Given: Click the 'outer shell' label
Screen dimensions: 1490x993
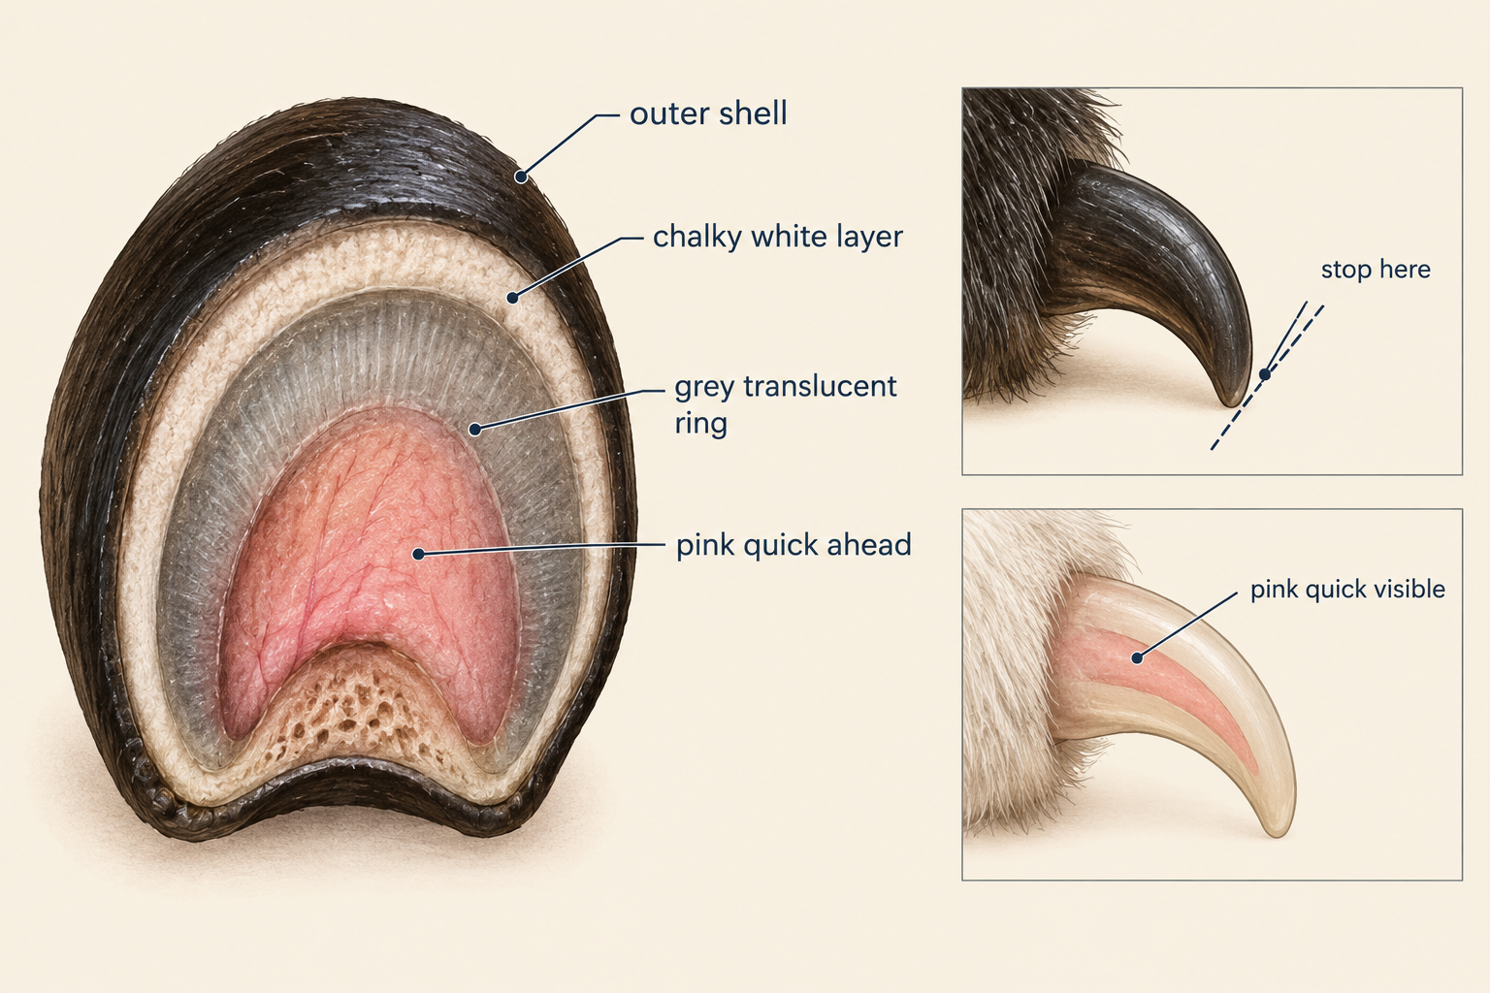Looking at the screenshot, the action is point(708,113).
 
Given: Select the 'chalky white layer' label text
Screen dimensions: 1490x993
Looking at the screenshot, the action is point(778,237).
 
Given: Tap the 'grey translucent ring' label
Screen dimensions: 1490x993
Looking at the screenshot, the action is point(786,404).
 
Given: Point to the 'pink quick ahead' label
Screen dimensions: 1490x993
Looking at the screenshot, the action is point(794,545).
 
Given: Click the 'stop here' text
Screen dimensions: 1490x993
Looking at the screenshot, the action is point(1376,270).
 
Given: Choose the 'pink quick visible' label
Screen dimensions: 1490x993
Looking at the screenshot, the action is point(1347,590).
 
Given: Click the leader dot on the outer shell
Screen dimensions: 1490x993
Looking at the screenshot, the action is point(521,176).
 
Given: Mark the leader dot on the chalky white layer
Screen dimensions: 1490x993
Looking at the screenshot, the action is point(512,298).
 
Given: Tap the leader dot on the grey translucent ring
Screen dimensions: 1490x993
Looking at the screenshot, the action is point(475,430).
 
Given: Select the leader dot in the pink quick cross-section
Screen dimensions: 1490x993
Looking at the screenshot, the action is point(418,554).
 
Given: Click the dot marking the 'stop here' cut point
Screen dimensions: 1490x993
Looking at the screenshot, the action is point(1265,374).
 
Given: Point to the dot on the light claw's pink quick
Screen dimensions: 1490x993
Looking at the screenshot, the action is point(1138,658).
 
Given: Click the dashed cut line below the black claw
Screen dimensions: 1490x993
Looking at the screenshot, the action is point(1267,378).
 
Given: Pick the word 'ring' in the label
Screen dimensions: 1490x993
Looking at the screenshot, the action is point(700,423).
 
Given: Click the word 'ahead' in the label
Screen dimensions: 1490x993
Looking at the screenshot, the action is point(869,545).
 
